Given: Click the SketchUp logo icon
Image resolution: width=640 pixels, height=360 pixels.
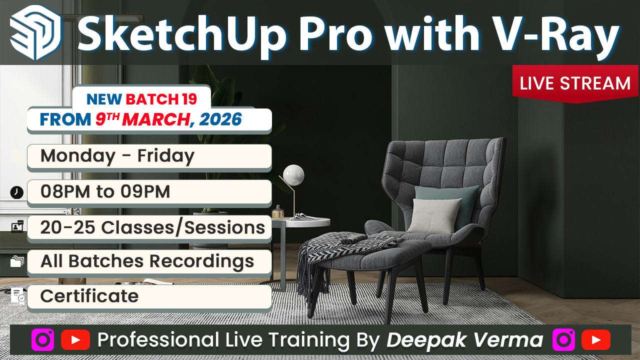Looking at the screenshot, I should [x=35, y=32].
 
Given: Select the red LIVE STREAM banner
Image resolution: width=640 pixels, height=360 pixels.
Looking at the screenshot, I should [x=575, y=83].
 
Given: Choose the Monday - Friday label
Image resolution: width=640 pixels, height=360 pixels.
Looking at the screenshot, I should [x=117, y=156].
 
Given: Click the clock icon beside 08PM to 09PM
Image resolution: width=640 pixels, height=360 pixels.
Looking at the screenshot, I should [x=16, y=192].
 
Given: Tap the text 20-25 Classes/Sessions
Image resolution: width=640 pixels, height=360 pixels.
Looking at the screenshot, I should [x=152, y=227].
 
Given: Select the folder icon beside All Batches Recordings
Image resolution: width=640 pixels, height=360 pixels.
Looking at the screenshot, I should [x=17, y=261].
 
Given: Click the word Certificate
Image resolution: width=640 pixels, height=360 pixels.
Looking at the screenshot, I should [x=89, y=296].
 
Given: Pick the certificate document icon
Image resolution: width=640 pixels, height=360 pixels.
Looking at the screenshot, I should [x=17, y=295].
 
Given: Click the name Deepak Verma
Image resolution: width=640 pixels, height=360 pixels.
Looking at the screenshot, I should [x=465, y=340].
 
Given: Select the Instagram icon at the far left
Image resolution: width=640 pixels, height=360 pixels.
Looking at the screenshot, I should [x=42, y=340].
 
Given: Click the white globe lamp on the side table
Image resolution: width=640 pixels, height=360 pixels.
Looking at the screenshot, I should [x=293, y=174].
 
